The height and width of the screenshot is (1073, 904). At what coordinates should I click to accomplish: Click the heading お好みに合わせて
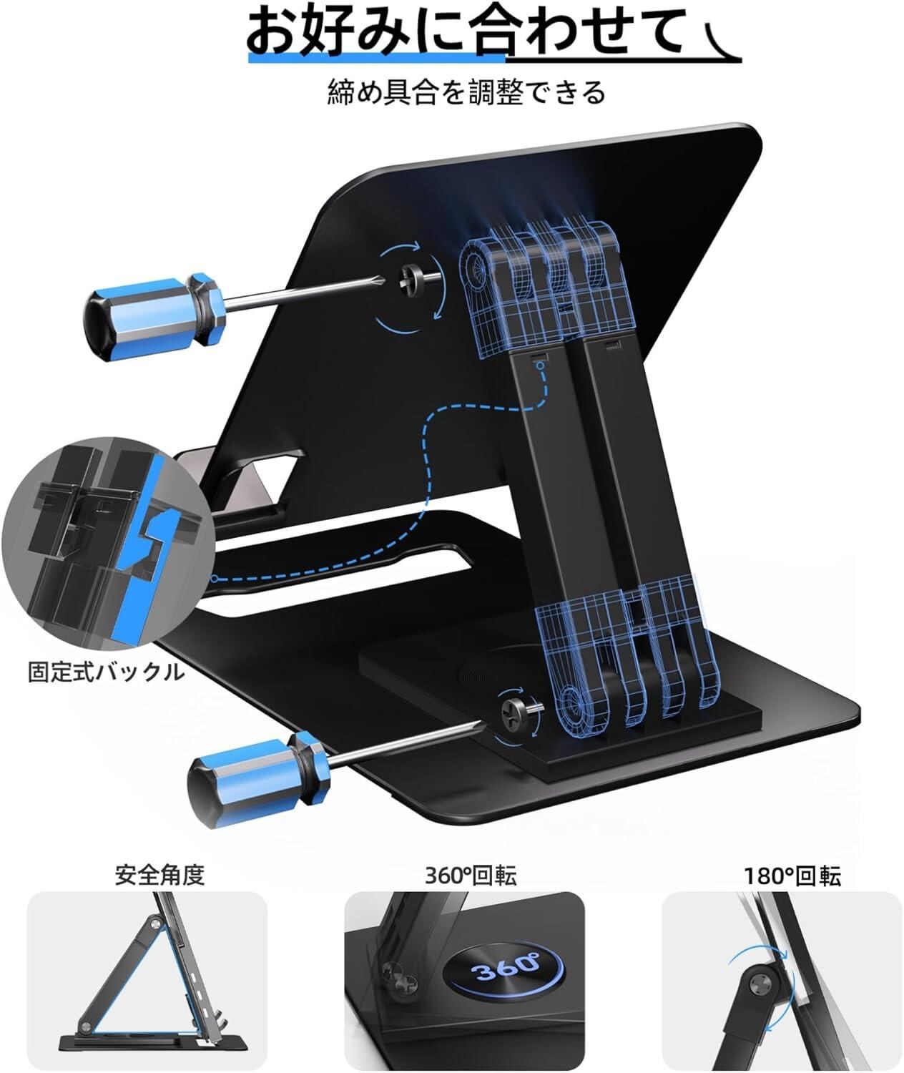coord(465,32)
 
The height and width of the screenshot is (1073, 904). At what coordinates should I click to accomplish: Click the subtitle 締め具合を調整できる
coord(466,92)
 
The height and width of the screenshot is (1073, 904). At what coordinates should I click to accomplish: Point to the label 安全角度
coord(159,876)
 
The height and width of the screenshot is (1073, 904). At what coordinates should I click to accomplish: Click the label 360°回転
coord(471,876)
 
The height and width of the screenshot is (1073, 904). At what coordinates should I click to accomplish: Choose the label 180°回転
coord(791,876)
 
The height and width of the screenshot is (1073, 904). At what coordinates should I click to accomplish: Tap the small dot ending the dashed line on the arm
coord(542,366)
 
